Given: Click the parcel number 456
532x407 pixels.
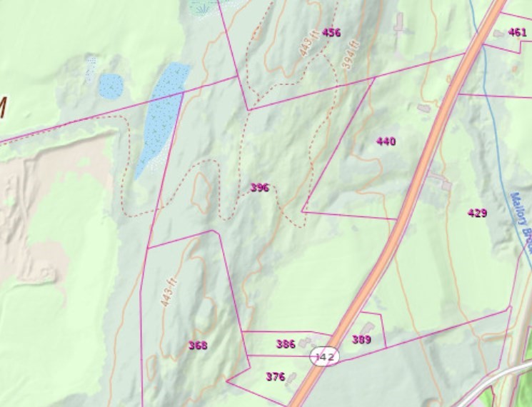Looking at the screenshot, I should (331, 32).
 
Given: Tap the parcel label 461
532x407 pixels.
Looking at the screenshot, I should (517, 32).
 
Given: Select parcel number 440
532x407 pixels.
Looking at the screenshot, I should (386, 141).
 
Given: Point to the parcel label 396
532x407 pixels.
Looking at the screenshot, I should (259, 188).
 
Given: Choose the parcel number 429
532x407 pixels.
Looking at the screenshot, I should (477, 213).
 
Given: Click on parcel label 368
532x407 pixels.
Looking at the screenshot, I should (198, 346).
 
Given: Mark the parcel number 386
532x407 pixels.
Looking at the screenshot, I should (286, 344).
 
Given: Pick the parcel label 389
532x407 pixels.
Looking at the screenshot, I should (361, 340).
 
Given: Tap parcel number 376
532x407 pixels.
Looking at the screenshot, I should (275, 376).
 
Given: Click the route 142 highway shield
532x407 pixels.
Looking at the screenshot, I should (324, 357).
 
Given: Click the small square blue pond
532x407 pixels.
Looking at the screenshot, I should (111, 86).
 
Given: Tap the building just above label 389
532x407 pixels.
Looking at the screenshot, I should (367, 328).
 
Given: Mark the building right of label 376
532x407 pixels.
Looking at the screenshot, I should (292, 378).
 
